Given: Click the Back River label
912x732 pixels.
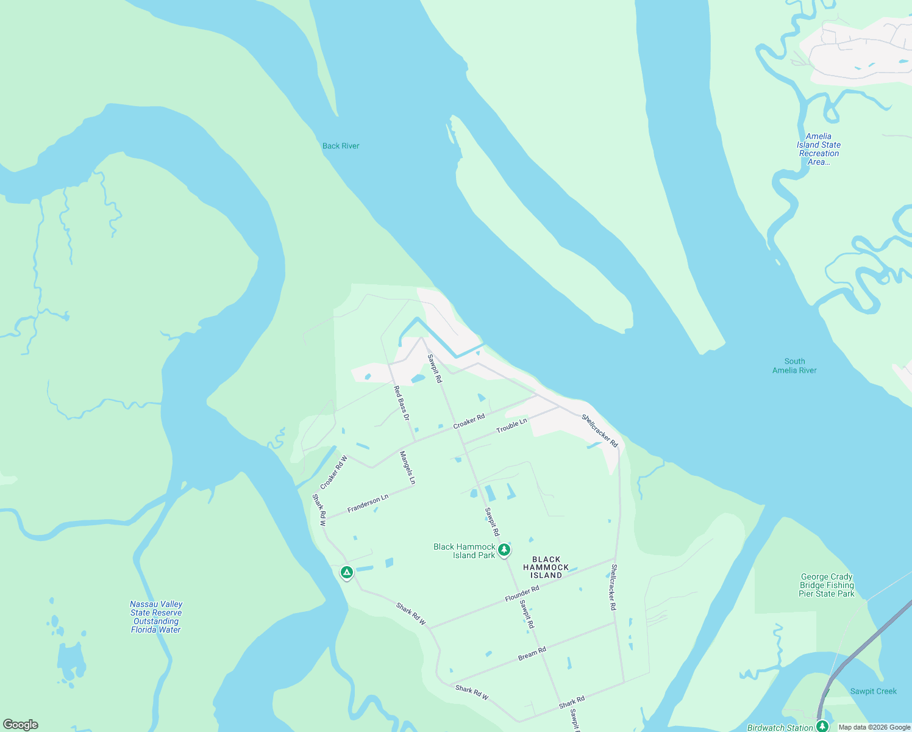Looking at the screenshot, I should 341,146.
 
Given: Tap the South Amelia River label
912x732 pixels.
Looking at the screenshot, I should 794,366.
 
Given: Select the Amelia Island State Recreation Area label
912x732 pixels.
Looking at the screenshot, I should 819,149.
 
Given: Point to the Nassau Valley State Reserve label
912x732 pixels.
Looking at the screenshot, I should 156,617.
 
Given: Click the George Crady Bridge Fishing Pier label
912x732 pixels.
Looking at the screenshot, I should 827,585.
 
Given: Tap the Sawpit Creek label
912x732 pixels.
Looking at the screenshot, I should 873,691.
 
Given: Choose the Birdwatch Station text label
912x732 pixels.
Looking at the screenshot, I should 780,727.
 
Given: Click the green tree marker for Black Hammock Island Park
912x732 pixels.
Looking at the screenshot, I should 504,550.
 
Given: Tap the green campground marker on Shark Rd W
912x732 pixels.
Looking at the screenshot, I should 346,572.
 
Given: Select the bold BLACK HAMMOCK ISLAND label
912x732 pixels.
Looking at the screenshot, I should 546,567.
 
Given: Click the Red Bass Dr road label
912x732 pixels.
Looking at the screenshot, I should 401,403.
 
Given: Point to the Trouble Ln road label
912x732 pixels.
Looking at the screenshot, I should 511,426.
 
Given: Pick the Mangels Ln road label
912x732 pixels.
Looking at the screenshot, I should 407,468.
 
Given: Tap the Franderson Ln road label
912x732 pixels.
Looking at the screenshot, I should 368,504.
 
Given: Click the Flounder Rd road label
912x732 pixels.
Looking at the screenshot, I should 522,594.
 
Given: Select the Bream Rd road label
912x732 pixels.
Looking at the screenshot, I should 532,653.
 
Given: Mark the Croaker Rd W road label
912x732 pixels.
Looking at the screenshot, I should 333,472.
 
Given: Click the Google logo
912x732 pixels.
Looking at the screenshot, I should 21,725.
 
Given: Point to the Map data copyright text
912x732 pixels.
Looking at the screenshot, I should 874,727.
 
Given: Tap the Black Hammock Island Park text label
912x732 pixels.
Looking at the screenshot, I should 465,551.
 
